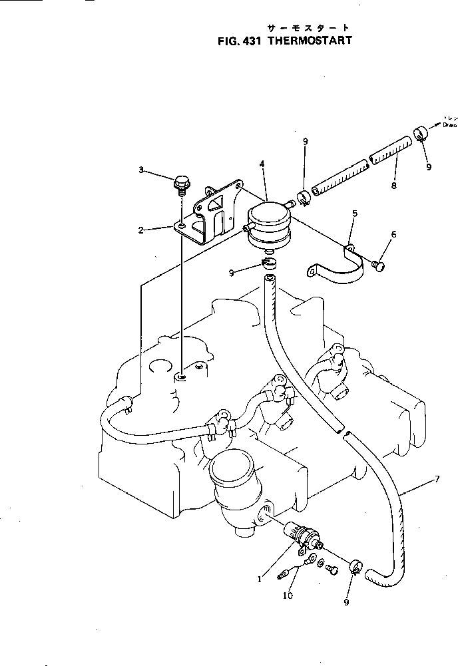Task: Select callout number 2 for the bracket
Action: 141,230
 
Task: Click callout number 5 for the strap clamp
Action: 355,214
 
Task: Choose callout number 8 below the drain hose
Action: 393,187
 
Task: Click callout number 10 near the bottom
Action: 288,595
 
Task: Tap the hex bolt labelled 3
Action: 180,181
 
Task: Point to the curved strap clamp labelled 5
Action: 340,266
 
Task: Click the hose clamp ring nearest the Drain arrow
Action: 421,134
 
